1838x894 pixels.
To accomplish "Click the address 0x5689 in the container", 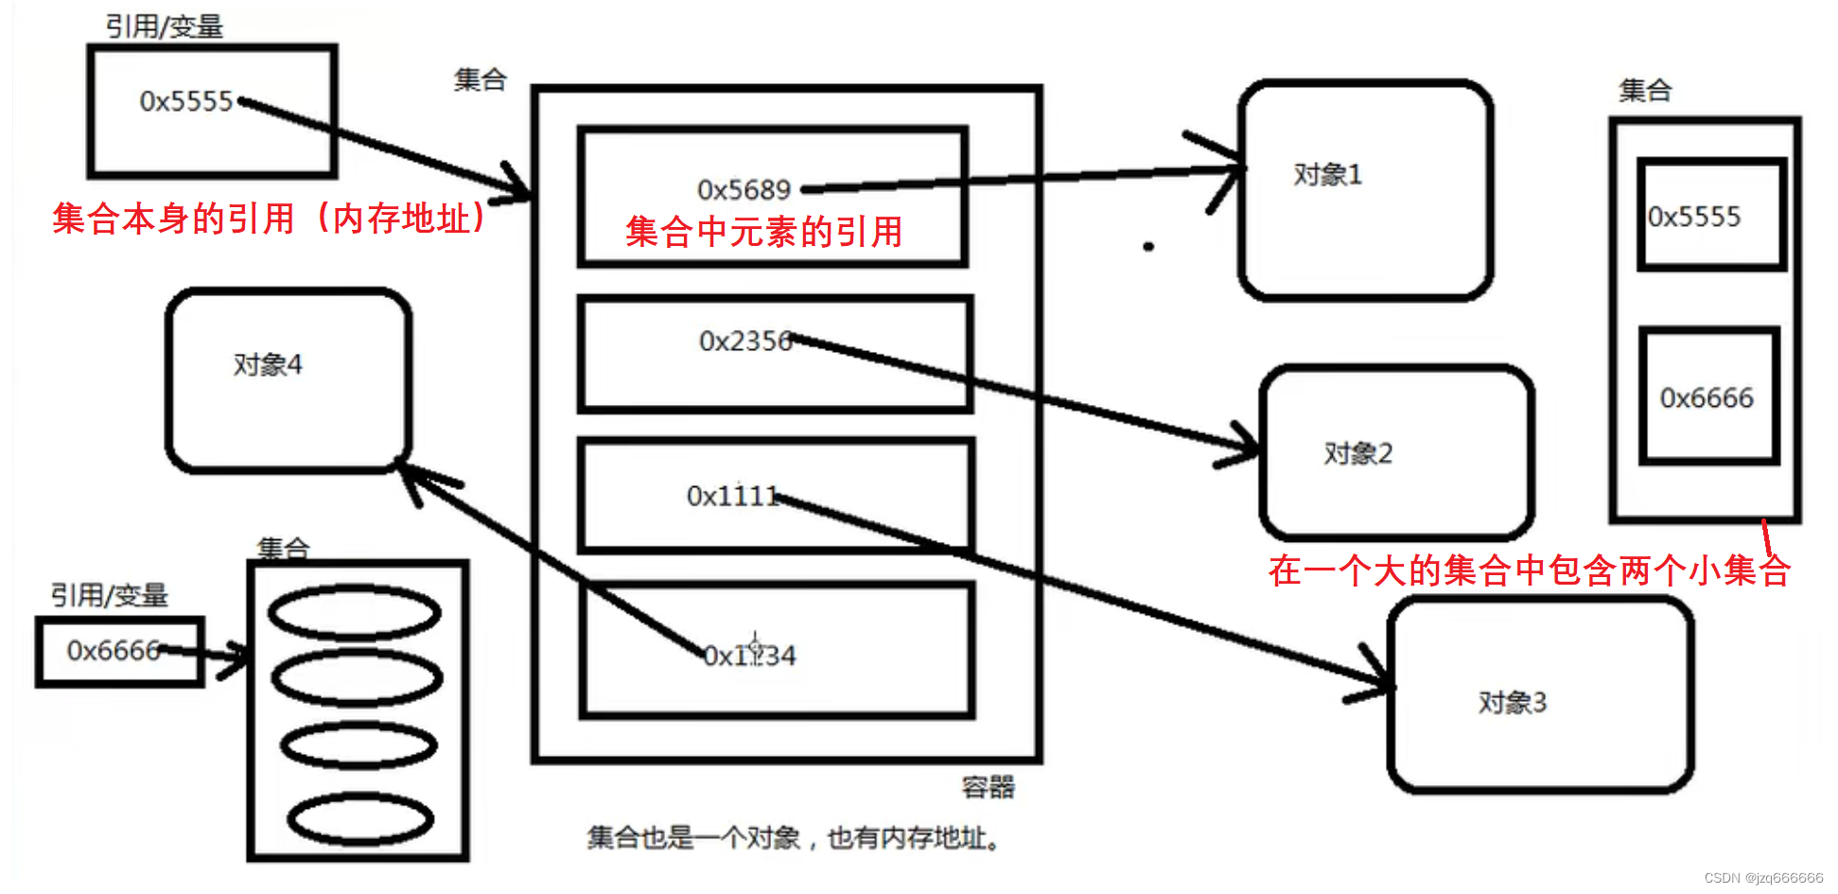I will pyautogui.click(x=744, y=190).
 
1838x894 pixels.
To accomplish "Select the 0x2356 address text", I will pyautogui.click(x=745, y=341).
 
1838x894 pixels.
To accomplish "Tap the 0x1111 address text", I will pyautogui.click(x=732, y=496).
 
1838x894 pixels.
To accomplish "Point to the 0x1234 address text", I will pyautogui.click(x=750, y=656).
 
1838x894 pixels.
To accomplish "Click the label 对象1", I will pyautogui.click(x=1327, y=175).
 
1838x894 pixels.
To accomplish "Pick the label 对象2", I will pyautogui.click(x=1357, y=454).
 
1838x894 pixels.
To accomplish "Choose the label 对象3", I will pyautogui.click(x=1512, y=703).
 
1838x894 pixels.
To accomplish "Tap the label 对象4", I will pyautogui.click(x=268, y=365).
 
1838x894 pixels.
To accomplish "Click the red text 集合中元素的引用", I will pyautogui.click(x=763, y=232).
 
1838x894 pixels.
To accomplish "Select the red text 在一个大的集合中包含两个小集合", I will pyautogui.click(x=1529, y=570).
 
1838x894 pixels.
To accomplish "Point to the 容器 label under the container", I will pyautogui.click(x=988, y=787).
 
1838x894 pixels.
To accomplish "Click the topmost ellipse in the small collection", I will pyautogui.click(x=355, y=612).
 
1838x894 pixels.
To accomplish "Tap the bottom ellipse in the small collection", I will pyautogui.click(x=360, y=819).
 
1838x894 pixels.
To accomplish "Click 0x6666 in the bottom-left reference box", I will pyautogui.click(x=113, y=651).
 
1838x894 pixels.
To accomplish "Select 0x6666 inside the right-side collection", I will pyautogui.click(x=1707, y=398).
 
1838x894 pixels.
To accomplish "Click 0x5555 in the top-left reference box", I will pyautogui.click(x=186, y=101).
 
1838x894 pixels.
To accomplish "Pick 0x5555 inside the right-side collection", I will pyautogui.click(x=1694, y=218).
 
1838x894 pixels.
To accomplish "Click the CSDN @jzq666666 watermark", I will pyautogui.click(x=1763, y=878).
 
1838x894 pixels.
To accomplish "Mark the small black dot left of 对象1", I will pyautogui.click(x=1148, y=247).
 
